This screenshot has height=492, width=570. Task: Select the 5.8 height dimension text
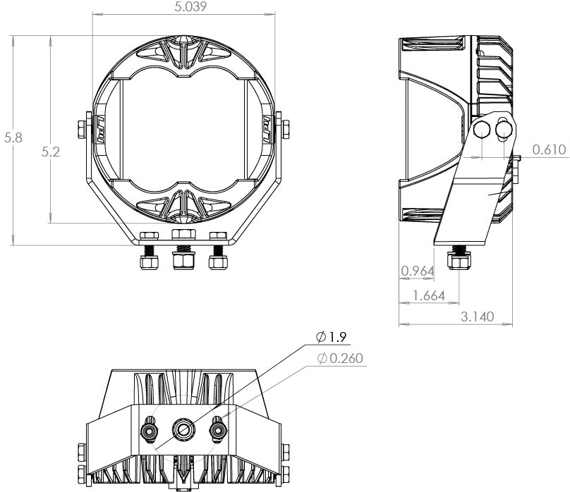[13, 137]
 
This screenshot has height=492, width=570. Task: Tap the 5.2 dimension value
[51, 151]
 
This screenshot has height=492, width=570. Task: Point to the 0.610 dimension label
[547, 149]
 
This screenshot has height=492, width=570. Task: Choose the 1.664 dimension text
[428, 295]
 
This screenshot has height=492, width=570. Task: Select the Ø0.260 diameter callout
[341, 359]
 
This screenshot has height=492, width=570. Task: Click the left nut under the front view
[149, 262]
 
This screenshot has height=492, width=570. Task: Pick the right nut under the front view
[218, 262]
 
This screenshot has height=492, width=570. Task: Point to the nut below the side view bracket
[460, 263]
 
